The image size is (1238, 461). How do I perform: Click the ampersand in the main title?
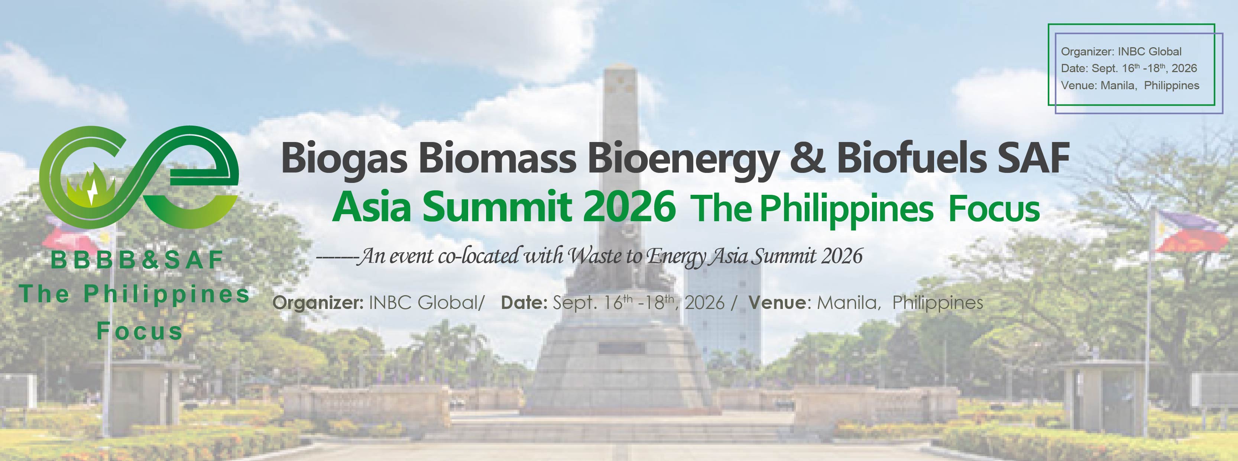click(807, 158)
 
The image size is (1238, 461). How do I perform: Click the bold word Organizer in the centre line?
click(318, 303)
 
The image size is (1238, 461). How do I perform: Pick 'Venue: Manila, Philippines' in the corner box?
click(1130, 86)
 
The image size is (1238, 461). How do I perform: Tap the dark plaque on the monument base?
click(621, 348)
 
